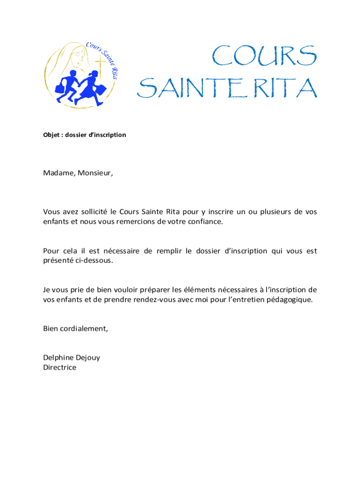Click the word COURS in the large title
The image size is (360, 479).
point(264,57)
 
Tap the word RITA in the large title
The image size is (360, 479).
point(288,88)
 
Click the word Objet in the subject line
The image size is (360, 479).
point(51,135)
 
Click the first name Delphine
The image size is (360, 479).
point(58,358)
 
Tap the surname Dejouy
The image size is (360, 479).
point(87,358)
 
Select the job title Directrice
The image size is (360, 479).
point(59,368)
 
